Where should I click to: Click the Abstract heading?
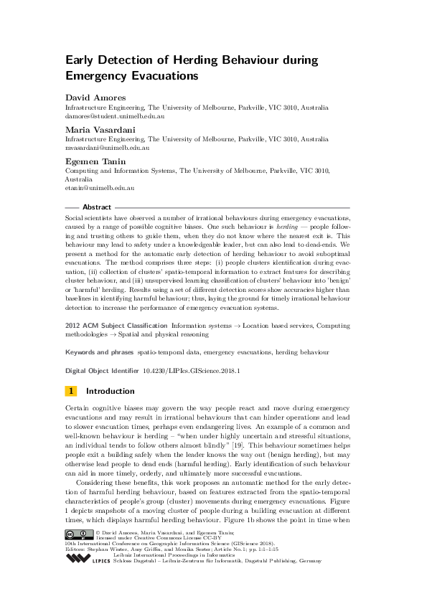[97, 207]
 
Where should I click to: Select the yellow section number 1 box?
[71, 391]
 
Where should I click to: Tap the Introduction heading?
[110, 391]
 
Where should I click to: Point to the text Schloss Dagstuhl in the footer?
[135, 580]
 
